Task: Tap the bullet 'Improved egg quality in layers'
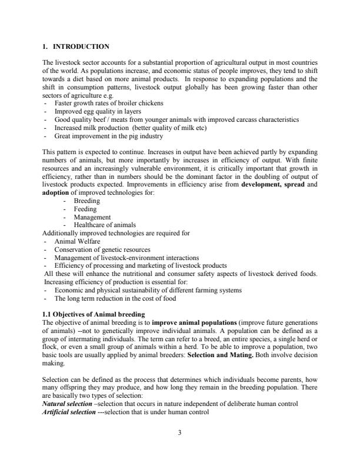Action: click(96, 111)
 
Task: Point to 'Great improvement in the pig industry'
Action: click(106, 135)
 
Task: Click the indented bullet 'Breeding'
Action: click(86, 201)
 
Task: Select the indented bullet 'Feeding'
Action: click(85, 209)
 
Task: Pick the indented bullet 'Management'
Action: click(92, 217)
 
